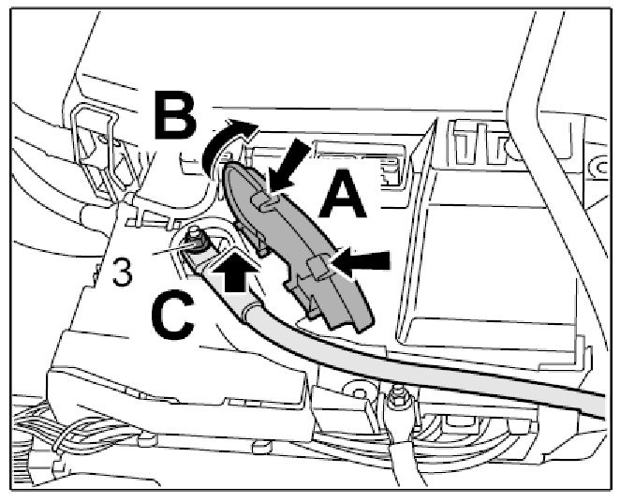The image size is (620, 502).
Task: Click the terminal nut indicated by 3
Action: [196, 238]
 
